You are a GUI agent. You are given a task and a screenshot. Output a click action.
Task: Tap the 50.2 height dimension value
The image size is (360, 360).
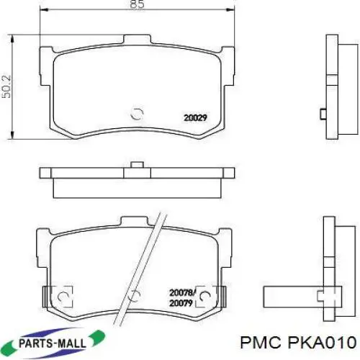[6, 86]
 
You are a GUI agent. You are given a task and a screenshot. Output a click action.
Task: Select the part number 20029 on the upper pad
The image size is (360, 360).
[195, 118]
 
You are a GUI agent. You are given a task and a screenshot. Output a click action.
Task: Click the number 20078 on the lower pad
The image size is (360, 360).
[181, 293]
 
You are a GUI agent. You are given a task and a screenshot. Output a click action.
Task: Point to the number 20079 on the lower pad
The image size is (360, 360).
[181, 303]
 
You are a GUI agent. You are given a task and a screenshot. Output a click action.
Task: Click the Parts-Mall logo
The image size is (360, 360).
[55, 342]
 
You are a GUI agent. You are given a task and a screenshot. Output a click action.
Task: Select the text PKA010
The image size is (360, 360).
[322, 343]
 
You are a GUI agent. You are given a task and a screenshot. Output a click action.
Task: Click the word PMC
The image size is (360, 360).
[261, 343]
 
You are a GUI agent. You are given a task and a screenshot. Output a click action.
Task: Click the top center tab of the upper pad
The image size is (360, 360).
[138, 40]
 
